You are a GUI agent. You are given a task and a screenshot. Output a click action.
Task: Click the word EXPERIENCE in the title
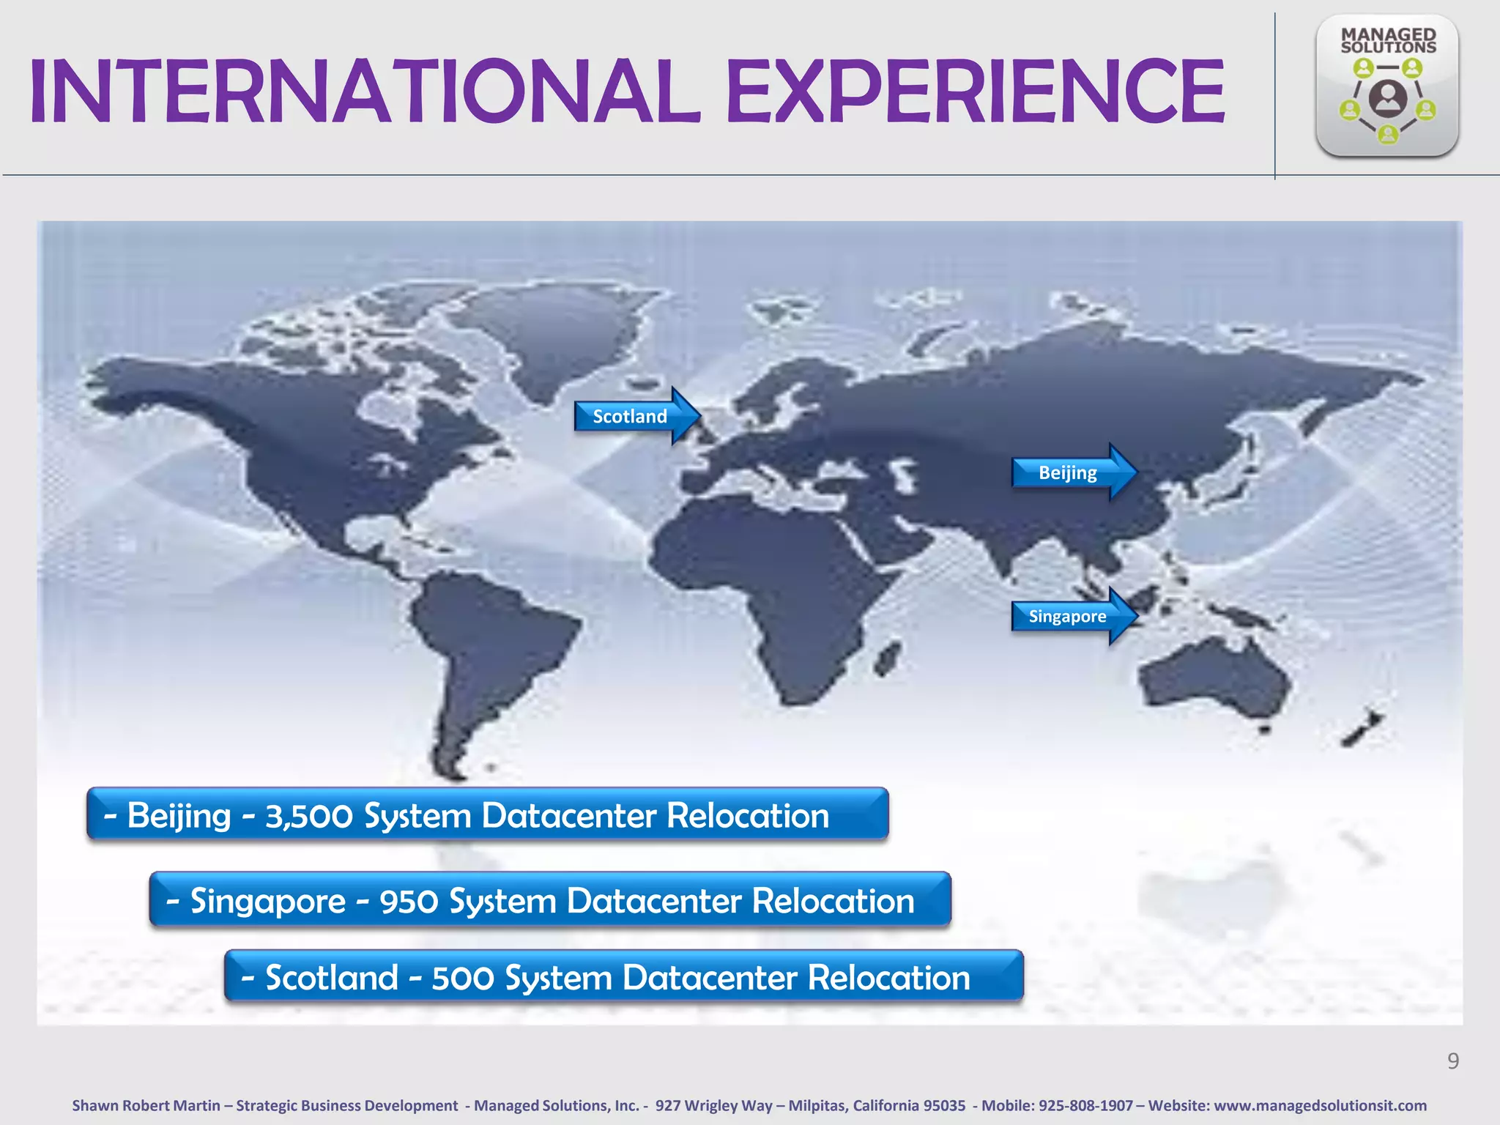(x=975, y=93)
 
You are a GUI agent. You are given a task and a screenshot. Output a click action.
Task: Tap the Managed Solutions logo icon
(x=1386, y=86)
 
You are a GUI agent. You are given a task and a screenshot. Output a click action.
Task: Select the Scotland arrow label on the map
(x=630, y=416)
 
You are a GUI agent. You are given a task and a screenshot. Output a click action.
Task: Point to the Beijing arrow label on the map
(x=1067, y=472)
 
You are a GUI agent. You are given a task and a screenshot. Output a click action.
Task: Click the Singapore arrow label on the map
(x=1067, y=616)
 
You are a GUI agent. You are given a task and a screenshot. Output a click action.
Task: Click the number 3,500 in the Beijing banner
(x=308, y=816)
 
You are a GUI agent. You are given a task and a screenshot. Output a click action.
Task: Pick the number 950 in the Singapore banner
(x=409, y=902)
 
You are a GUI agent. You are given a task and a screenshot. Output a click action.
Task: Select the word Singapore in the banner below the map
(x=267, y=902)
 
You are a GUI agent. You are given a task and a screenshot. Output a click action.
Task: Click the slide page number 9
(x=1453, y=1061)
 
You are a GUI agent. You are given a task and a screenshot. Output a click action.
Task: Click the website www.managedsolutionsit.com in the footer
(x=1320, y=1105)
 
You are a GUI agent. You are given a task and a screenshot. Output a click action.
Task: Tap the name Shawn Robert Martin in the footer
(x=146, y=1105)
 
